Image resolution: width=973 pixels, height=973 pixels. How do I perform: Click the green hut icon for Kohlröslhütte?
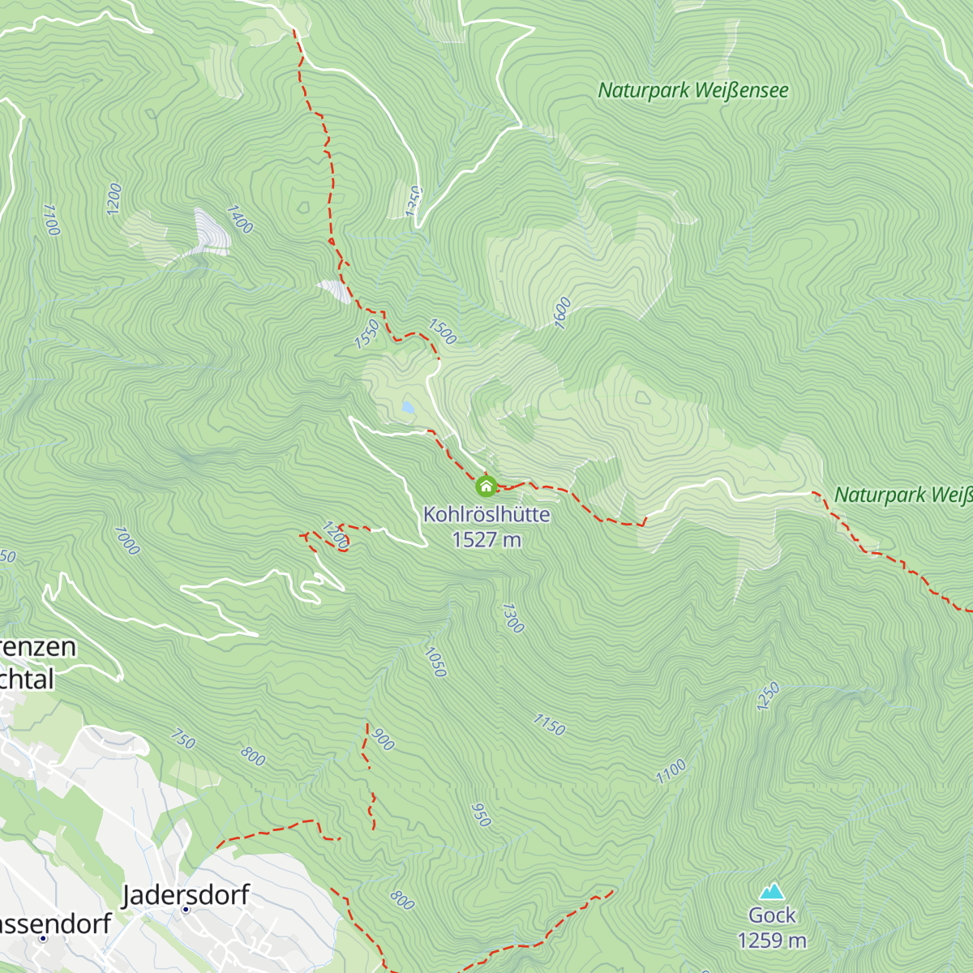486,486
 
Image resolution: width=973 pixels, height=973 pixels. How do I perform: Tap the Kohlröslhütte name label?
486,515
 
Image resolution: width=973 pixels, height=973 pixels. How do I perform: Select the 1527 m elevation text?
486,540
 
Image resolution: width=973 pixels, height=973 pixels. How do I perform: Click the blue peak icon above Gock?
772,891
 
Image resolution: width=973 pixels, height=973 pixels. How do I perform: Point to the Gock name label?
772,915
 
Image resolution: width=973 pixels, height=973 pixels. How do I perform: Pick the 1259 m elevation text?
772,941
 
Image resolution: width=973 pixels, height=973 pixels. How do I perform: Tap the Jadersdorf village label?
186,895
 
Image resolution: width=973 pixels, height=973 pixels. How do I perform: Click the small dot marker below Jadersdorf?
186,910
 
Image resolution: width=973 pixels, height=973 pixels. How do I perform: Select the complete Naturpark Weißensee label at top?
692,91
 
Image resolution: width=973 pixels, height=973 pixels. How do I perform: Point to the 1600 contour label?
562,313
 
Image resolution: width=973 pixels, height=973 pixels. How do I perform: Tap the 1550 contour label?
366,334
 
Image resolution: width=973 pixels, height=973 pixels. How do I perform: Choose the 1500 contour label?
442,332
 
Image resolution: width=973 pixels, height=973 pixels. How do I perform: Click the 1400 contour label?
240,219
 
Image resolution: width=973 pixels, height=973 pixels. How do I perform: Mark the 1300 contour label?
512,618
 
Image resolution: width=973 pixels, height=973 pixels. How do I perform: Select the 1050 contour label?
435,662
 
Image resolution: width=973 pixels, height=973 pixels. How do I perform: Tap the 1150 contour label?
549,724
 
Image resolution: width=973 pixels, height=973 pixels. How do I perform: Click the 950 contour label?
481,815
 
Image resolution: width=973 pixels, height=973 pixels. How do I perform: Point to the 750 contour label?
183,739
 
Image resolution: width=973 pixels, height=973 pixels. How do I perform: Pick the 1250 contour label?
767,697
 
